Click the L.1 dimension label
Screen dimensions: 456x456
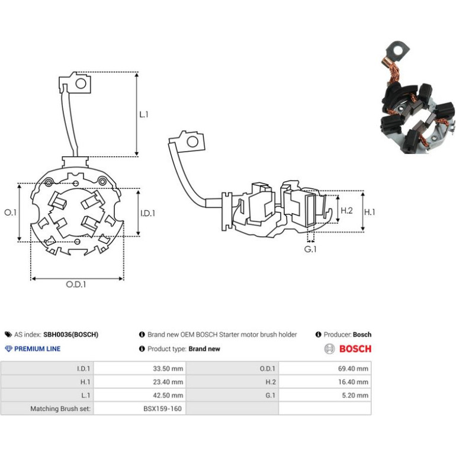[x=144, y=114]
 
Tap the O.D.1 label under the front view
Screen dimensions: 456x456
[x=76, y=284]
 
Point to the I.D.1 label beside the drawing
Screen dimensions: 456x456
[x=147, y=213]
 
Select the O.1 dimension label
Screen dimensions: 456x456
[x=11, y=213]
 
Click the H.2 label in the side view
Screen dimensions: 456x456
[x=346, y=210]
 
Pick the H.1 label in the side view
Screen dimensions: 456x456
[x=370, y=212]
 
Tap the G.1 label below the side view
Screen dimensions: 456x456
[x=310, y=249]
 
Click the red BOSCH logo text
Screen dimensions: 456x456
[x=355, y=349]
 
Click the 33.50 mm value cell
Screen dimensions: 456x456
[x=140, y=368]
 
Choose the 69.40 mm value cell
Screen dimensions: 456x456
[x=325, y=368]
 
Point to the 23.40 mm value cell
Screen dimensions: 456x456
[x=140, y=382]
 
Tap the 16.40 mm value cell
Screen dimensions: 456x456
[x=325, y=382]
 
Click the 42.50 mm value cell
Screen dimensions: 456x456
[x=140, y=395]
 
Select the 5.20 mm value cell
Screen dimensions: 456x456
[x=325, y=395]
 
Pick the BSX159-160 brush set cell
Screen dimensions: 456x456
[x=140, y=409]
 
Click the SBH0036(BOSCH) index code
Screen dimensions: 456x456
[x=70, y=335]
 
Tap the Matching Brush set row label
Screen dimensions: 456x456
[x=60, y=409]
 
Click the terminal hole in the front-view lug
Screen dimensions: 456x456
[x=81, y=84]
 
